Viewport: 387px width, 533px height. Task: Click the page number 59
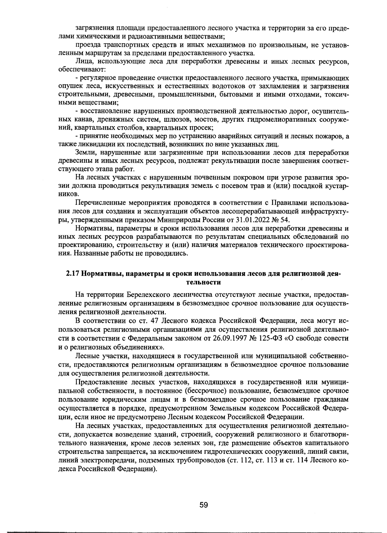[x=203, y=505]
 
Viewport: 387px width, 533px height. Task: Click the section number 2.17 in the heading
[x=72, y=274]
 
